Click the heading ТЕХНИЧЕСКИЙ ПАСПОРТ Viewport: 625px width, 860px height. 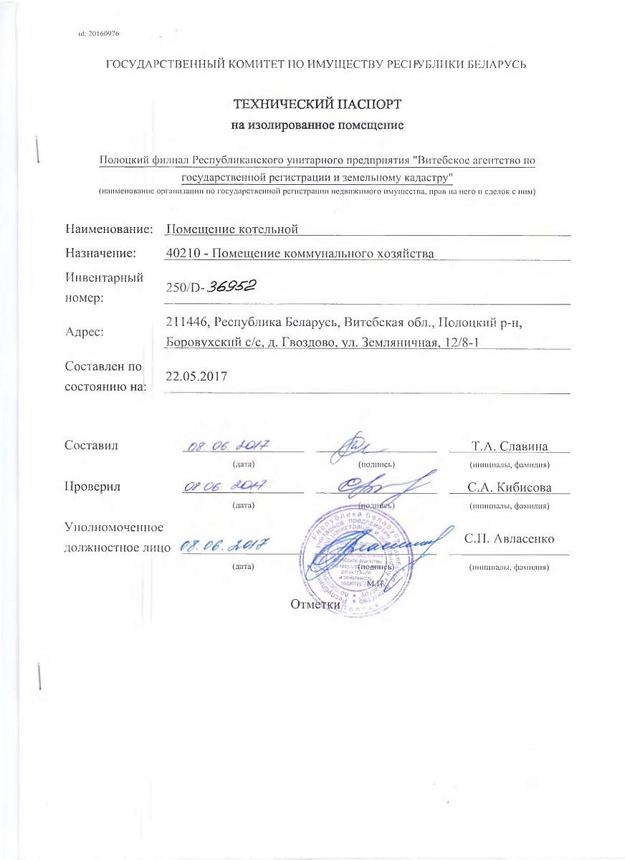coord(312,105)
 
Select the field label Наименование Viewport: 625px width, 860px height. coord(109,229)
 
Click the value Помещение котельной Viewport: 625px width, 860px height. coord(231,229)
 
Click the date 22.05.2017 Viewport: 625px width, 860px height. coord(196,376)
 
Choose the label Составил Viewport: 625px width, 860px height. coord(91,445)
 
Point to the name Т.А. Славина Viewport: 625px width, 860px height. coord(510,446)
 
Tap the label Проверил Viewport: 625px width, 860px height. coord(92,487)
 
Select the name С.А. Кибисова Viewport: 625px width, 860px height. coord(508,487)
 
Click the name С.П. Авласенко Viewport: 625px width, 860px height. coord(508,538)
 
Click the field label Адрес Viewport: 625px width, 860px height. coord(85,332)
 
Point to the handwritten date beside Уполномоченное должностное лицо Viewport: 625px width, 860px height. coord(224,547)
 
